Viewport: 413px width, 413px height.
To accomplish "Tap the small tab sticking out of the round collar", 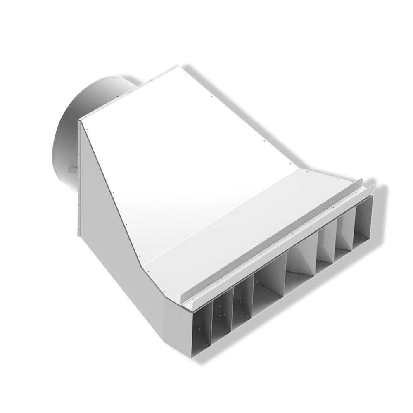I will tap(71, 169).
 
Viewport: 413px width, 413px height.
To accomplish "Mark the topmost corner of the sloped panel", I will tap(178, 66).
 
